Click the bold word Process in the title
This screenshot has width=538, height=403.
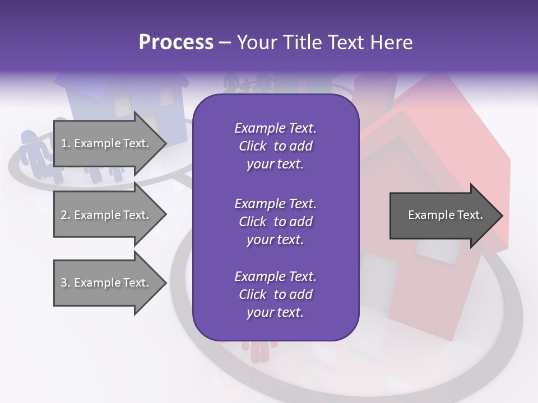[176, 43]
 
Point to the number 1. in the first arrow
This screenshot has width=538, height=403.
[66, 143]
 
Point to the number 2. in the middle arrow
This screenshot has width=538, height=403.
[66, 215]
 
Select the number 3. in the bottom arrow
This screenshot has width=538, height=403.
[66, 283]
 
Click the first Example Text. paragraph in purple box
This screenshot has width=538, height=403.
[275, 146]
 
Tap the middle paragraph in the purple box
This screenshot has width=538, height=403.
[275, 222]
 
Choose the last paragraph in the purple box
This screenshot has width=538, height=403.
[275, 294]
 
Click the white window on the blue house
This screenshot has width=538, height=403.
[167, 97]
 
